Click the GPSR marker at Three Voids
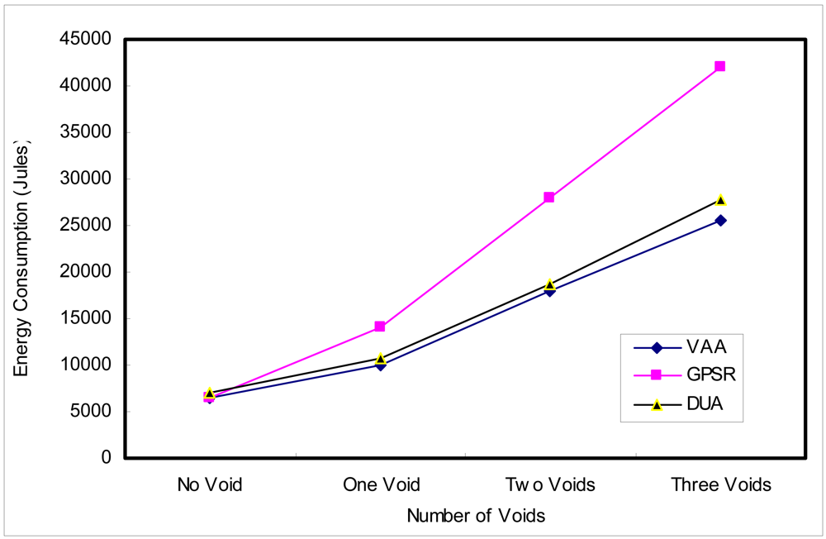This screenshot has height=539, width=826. click(x=719, y=66)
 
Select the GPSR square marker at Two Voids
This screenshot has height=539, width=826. click(x=549, y=198)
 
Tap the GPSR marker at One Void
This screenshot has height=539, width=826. click(x=380, y=327)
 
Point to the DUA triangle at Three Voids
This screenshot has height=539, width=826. click(x=720, y=200)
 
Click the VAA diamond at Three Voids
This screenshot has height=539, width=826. click(x=720, y=221)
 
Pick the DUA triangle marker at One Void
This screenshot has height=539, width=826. click(x=380, y=359)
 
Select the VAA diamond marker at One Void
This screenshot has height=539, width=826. click(x=380, y=365)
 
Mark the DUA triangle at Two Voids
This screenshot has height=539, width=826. click(x=549, y=284)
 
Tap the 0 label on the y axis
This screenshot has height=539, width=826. click(x=106, y=458)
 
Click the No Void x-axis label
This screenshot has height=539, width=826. click(x=210, y=485)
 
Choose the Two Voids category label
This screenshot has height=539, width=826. click(x=549, y=485)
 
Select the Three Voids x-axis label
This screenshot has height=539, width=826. click(x=721, y=485)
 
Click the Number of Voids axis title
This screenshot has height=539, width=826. click(x=476, y=516)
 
